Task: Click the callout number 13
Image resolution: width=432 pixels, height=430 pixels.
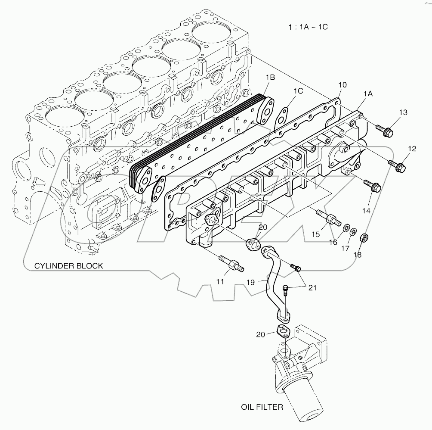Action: pos(403,112)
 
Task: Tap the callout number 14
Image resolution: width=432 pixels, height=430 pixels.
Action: pos(366,211)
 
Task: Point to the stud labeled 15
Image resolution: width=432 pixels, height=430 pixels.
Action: pos(328,217)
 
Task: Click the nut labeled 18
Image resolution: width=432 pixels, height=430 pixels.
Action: pos(364,237)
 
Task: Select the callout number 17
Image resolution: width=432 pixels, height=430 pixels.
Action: pos(346,248)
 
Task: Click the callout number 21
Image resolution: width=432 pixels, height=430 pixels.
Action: pos(312,287)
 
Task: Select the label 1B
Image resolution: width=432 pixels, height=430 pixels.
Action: pos(270,78)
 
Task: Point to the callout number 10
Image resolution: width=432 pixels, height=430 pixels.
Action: pos(343,85)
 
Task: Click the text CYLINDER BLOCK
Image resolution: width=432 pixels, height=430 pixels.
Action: pos(69,266)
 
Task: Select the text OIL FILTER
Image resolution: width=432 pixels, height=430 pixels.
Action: pos(262,406)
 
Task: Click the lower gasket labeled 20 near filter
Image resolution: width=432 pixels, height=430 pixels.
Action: pos(282,333)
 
